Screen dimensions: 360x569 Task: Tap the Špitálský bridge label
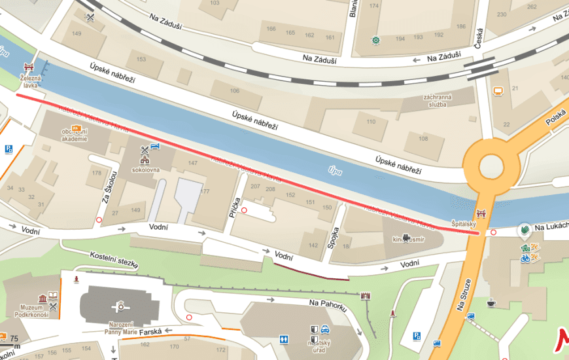coord(463,223)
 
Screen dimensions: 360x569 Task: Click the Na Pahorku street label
coord(326,304)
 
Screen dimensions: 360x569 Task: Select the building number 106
coord(234,90)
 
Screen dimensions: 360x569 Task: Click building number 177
coord(205,191)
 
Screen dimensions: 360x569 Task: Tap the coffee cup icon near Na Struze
coord(491,303)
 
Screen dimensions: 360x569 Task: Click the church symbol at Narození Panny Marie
coord(120,305)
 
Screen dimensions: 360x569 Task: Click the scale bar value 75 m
coord(14,338)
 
